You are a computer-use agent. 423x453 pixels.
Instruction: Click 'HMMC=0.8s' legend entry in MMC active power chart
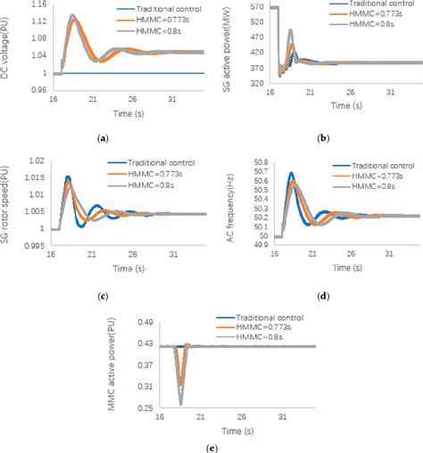pos(267,342)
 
